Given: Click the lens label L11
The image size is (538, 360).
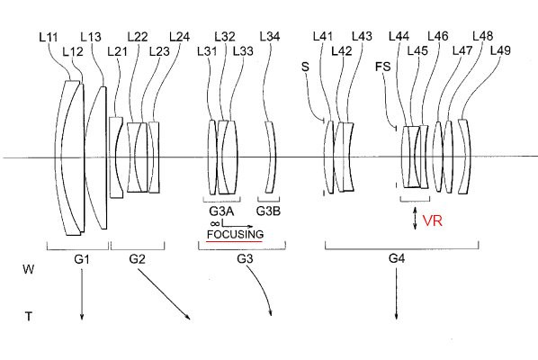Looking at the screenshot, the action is pos(49,38).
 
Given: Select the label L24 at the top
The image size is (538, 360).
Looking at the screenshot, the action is pos(179,37).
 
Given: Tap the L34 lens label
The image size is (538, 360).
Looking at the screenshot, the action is pos(270,36).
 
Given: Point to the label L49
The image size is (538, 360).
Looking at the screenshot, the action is pos(500,50).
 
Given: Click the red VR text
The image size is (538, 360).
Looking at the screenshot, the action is pos(433,220).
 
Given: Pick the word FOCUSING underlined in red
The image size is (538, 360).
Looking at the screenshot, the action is pos(235,234).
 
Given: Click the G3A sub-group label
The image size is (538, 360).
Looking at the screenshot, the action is pos(221,211).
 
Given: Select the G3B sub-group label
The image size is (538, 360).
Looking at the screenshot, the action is pos(268,211).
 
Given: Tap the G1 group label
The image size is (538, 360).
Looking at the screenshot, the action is pos(82,259).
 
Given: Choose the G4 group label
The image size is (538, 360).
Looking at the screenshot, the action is pos(397,258).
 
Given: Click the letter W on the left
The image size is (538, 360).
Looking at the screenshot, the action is pos(29,269).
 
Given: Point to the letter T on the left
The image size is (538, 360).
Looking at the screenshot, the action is pos(29,316).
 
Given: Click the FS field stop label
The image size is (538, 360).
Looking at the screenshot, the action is pos(383,67).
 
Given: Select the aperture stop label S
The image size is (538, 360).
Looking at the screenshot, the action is pos(305,67).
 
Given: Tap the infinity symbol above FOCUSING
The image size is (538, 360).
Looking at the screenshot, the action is pos(215,223).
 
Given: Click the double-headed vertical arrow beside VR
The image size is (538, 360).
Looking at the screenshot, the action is pos(415,218).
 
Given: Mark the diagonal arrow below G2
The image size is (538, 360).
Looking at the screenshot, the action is pos(164,293).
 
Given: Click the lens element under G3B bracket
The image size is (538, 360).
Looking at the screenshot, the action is pos(271,157).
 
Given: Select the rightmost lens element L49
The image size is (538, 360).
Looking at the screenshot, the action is pos(466,157).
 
